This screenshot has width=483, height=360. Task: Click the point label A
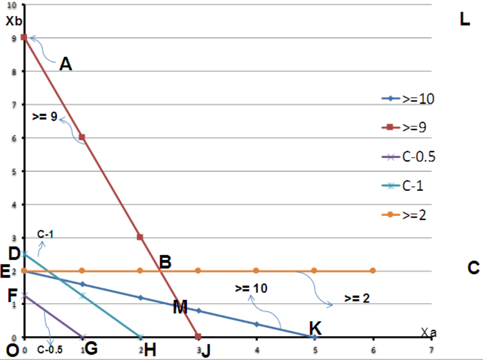(x=66, y=64)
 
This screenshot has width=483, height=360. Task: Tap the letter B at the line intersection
(x=165, y=262)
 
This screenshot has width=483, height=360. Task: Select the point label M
(x=180, y=308)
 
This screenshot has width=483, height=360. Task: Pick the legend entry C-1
(x=405, y=186)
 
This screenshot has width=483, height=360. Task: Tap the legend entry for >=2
(x=405, y=215)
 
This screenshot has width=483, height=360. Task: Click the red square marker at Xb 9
(x=24, y=38)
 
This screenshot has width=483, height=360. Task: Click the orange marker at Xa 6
(x=372, y=270)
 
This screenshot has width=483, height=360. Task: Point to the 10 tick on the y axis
(x=11, y=5)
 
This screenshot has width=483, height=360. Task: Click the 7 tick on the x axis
(x=432, y=350)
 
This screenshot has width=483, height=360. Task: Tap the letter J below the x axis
(x=206, y=351)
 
